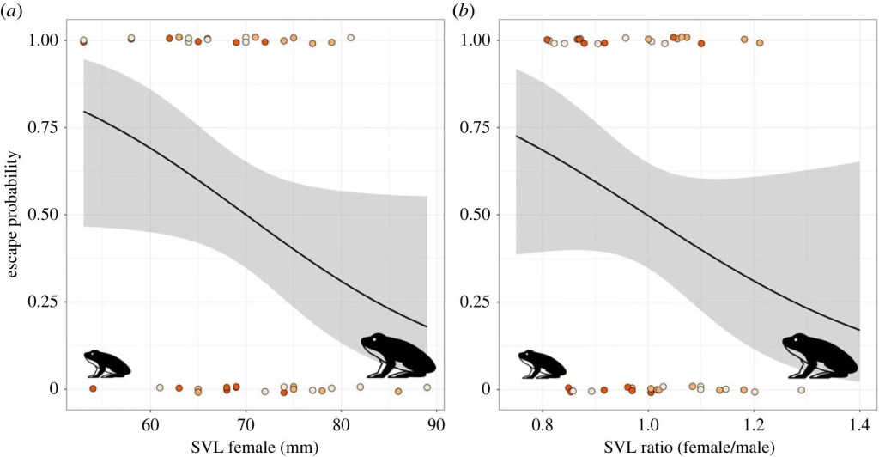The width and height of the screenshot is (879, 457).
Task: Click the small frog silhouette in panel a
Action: pyautogui.click(x=106, y=363)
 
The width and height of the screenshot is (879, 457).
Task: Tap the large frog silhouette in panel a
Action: pyautogui.click(x=397, y=356)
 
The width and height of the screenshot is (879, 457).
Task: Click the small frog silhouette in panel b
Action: pyautogui.click(x=539, y=363)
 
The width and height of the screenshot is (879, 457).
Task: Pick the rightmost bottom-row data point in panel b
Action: pyautogui.click(x=801, y=390)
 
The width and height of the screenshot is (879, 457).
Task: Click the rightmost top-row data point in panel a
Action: pyautogui.click(x=350, y=38)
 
